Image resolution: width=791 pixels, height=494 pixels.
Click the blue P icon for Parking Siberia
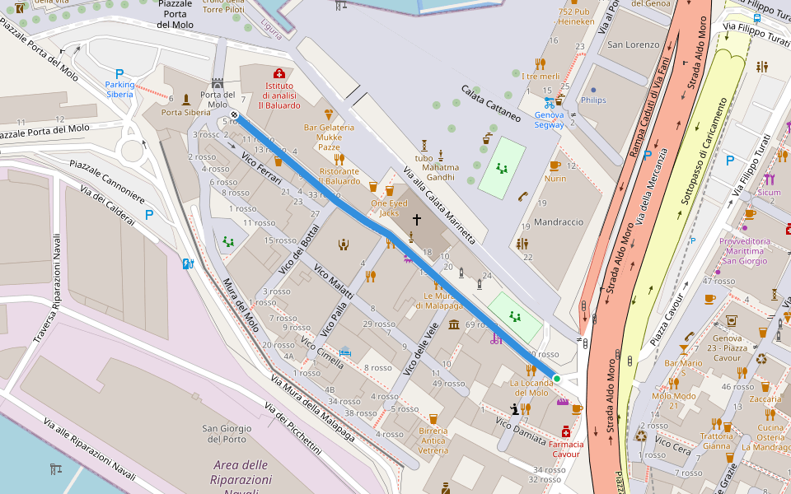pos(119,73)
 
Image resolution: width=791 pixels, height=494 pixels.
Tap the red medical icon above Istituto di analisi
pos(278,73)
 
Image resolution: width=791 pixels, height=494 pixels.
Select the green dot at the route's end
pos(557,379)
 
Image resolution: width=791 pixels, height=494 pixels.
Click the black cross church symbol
pos(417,220)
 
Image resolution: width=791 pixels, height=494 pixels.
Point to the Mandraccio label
pos(559,222)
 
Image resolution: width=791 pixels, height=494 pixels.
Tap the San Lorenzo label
pos(634,44)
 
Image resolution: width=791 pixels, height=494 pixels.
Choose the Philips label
pos(593,100)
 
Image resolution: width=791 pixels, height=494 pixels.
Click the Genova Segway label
pos(549,120)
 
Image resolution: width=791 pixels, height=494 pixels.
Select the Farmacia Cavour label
pos(567,450)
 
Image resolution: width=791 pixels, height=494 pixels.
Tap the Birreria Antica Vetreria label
pos(433,440)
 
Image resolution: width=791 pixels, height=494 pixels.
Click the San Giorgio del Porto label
pos(227,434)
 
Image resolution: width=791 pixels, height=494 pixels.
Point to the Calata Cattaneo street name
pos(491,103)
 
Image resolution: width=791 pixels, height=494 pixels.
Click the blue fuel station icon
pos(187,264)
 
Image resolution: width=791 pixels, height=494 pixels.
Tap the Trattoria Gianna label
pos(716,440)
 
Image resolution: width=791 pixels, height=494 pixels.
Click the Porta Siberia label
pos(186,113)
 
